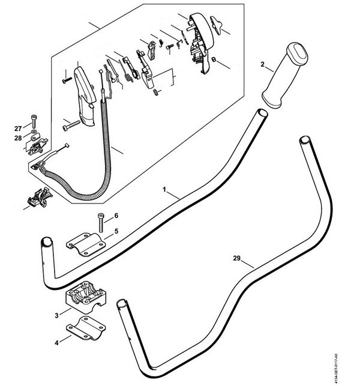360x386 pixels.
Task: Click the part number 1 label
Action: [x=165, y=189]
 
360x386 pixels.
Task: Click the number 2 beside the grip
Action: [x=262, y=63]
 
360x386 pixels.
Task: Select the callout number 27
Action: [x=18, y=128]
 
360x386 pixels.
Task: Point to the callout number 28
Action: [x=18, y=139]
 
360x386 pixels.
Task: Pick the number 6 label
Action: [x=116, y=216]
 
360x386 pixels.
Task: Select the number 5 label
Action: [x=116, y=231]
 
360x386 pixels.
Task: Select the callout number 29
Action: [x=237, y=259]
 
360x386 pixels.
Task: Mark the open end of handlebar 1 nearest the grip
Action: [x=262, y=113]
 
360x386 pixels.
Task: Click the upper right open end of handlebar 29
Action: [x=305, y=142]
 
